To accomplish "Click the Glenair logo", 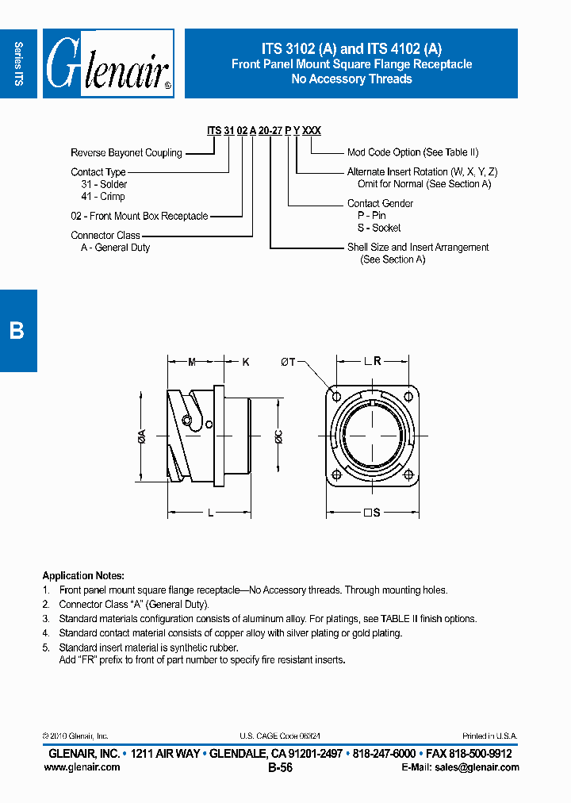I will [107, 64].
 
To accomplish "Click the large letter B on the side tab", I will [17, 330].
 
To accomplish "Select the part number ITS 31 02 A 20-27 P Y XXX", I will [263, 131].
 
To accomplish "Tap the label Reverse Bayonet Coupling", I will [126, 152].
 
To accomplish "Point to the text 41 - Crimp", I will [103, 196].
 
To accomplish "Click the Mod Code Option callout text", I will [412, 152].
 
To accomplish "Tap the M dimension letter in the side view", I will [192, 362].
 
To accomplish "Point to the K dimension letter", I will [246, 362].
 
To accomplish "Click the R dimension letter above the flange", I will [377, 362].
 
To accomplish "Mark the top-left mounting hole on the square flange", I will [336, 397].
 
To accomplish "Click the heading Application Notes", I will [83, 575].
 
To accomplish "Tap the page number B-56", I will [281, 768].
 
